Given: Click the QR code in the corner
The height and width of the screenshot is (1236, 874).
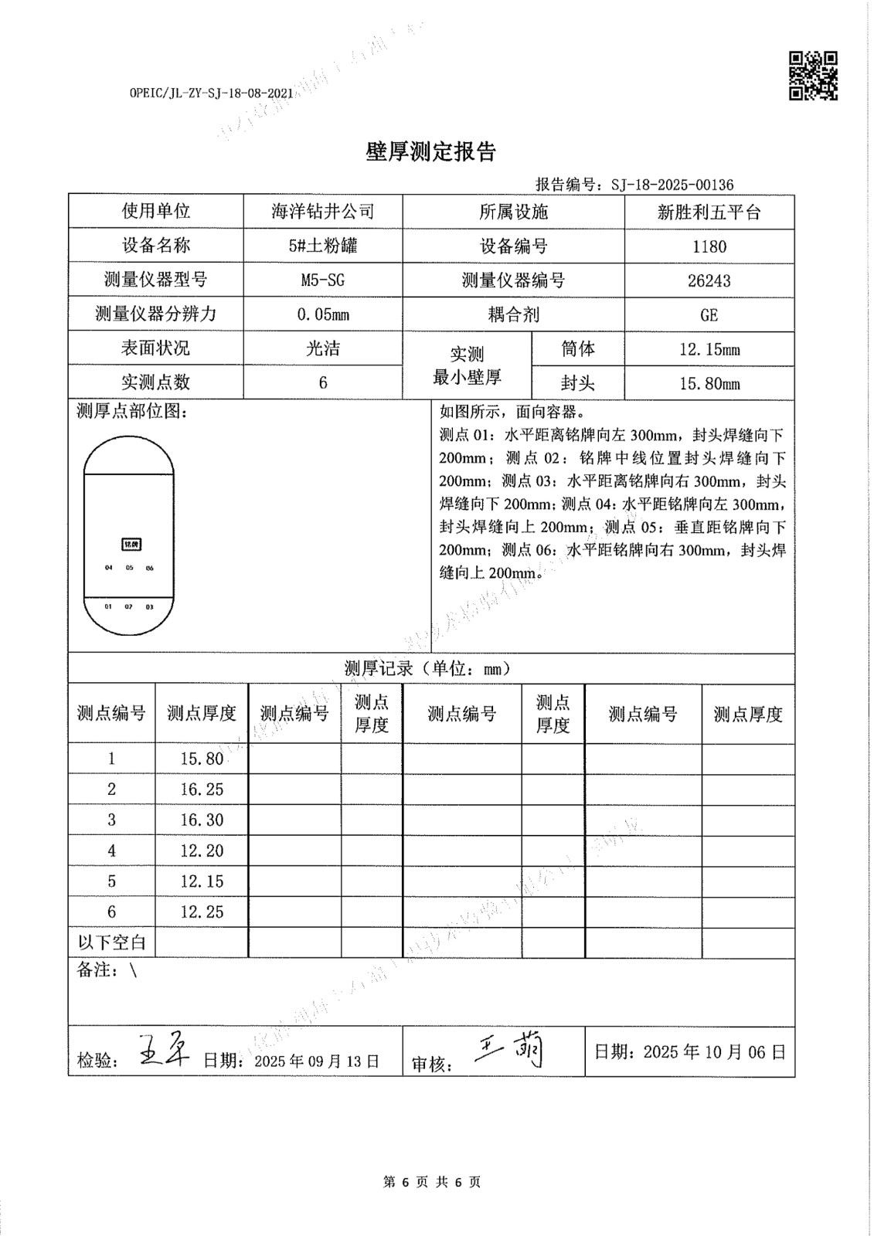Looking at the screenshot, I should (x=813, y=76).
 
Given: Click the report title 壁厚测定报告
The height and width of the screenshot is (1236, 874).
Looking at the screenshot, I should (x=430, y=152).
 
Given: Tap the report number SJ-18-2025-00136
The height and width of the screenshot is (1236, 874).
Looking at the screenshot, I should (x=672, y=185).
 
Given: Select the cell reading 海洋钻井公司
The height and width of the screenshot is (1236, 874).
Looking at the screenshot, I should (x=323, y=212).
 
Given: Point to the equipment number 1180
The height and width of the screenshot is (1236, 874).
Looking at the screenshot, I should (x=709, y=246).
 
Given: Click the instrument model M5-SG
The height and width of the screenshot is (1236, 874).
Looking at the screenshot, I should (x=323, y=280).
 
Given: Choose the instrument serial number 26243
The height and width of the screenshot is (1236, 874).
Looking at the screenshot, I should (x=709, y=280).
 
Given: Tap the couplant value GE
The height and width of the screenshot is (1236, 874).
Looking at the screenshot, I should (x=709, y=315).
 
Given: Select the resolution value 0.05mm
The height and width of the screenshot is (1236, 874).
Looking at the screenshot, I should (x=323, y=315).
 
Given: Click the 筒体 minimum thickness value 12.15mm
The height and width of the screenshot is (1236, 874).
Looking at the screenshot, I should (x=709, y=349).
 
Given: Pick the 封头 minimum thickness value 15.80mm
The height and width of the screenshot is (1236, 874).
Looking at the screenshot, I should (x=709, y=383).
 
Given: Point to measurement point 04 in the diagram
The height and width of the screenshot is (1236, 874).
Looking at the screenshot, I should (x=109, y=568).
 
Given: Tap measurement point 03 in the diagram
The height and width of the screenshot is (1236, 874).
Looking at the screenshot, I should (x=149, y=607).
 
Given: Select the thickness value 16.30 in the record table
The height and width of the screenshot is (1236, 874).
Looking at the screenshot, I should (x=202, y=820).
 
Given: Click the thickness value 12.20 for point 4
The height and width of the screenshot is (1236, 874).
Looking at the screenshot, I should (x=202, y=851).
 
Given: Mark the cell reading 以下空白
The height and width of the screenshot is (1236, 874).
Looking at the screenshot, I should (x=112, y=942).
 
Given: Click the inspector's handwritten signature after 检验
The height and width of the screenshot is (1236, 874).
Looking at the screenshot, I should (x=163, y=1051).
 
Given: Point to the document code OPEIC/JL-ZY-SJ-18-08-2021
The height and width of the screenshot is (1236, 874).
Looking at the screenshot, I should (x=211, y=93).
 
